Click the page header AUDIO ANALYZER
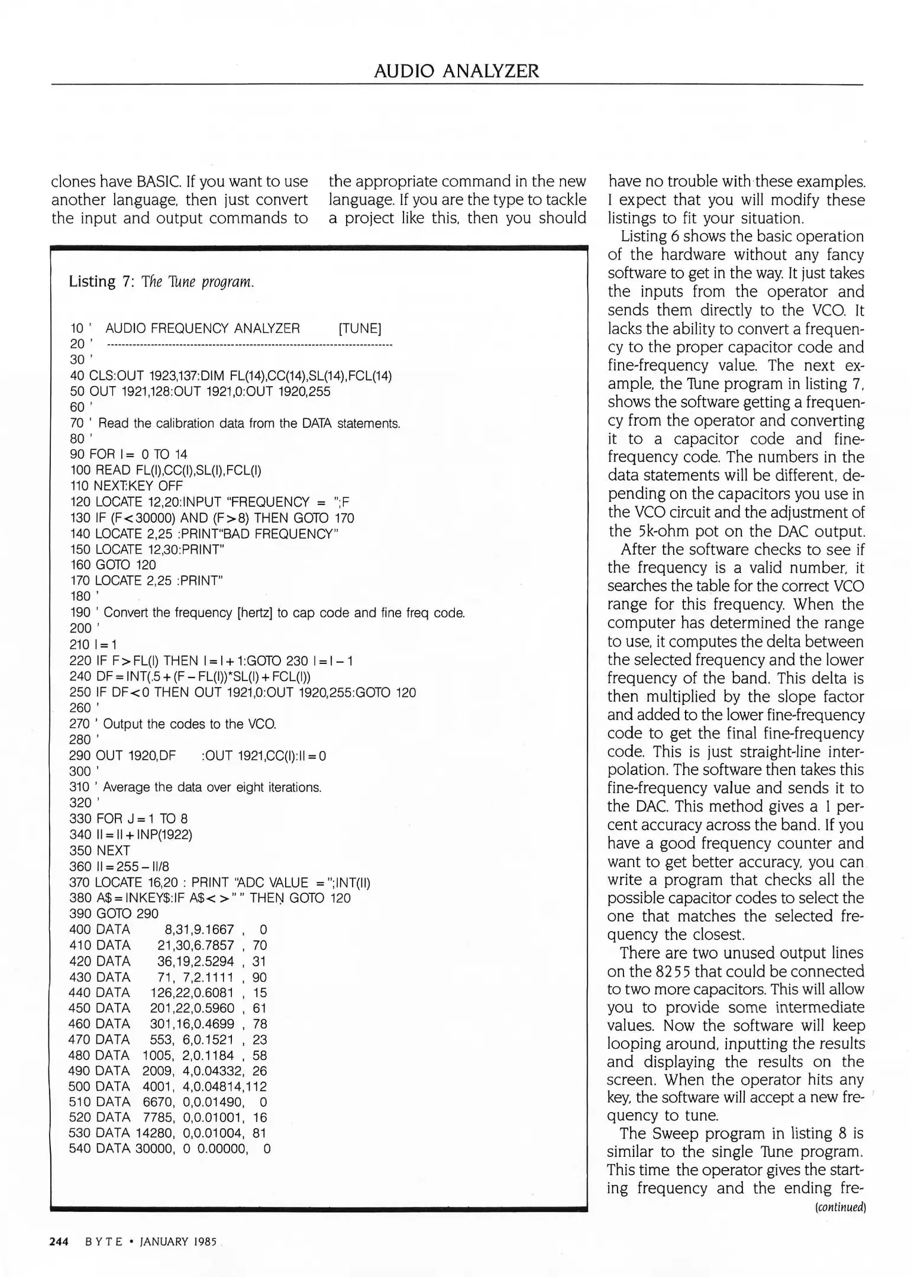point(456,71)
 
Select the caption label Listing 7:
point(102,281)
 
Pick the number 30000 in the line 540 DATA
point(154,1149)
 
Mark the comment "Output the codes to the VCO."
point(190,724)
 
